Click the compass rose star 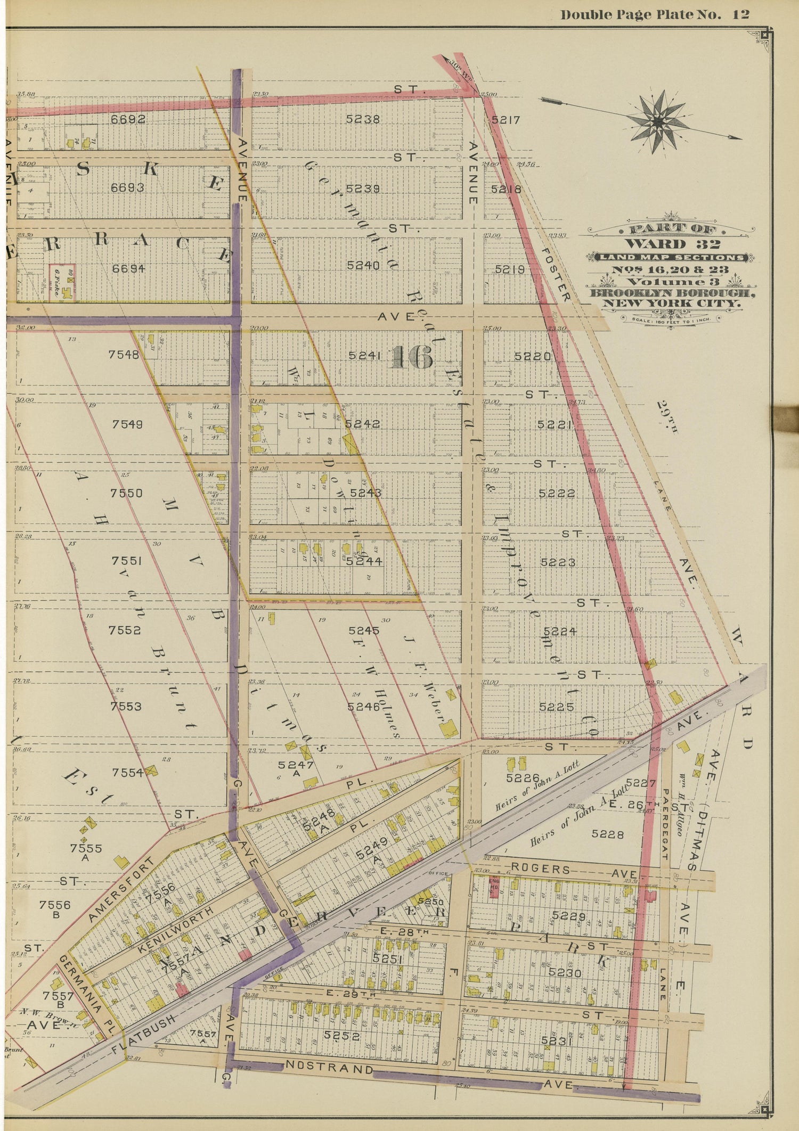tap(658, 122)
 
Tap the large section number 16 tap(411, 357)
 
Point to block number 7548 tap(124, 355)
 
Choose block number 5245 tap(364, 630)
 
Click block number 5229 tap(569, 916)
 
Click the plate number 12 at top tap(740, 14)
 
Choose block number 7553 tap(125, 707)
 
